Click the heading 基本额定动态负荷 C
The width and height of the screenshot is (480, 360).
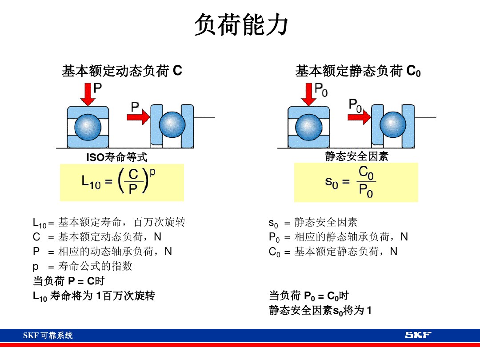click(122, 71)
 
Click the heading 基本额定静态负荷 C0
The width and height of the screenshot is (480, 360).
click(358, 71)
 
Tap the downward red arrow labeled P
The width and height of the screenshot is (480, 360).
click(88, 94)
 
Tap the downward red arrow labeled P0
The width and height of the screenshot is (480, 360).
click(308, 94)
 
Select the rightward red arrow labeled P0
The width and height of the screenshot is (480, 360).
click(359, 117)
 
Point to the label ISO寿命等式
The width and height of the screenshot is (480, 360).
click(116, 157)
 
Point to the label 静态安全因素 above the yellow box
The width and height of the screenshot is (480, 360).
click(356, 156)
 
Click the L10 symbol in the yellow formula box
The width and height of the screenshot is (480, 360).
click(91, 182)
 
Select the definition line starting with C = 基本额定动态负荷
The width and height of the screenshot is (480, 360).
click(97, 237)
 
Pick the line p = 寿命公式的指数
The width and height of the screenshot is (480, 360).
click(83, 266)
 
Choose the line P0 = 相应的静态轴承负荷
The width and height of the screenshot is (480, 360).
click(338, 237)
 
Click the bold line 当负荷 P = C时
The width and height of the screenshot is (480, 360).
click(69, 281)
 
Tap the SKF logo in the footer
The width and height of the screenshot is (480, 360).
click(417, 335)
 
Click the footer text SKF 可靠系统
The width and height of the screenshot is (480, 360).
click(48, 336)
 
